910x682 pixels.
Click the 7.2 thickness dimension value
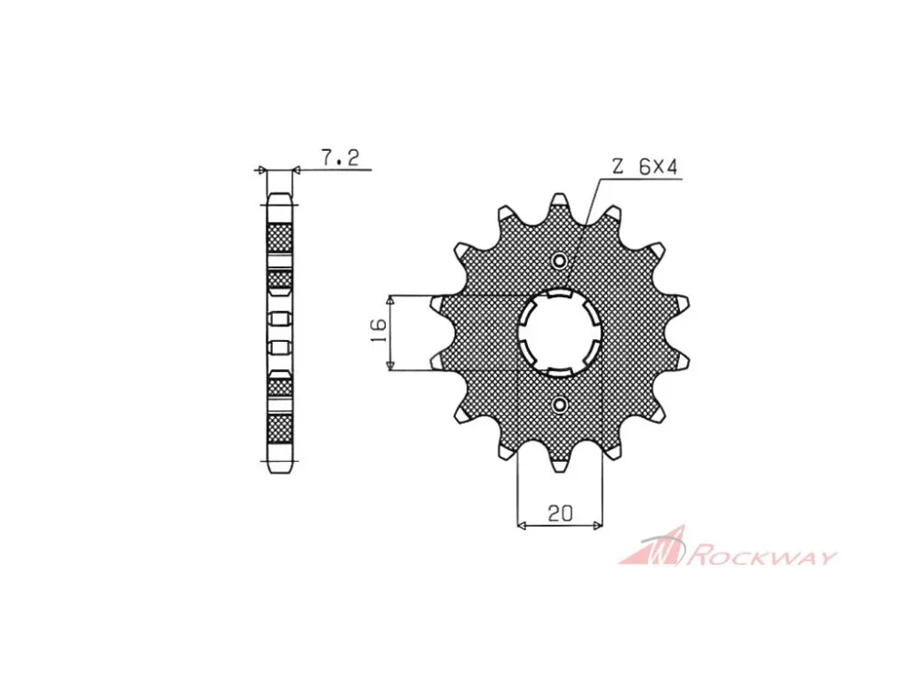tap(339, 157)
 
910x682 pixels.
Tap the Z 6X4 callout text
tap(645, 167)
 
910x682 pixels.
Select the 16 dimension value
tap(378, 332)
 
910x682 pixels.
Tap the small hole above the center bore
tap(560, 261)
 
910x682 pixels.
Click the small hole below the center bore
tap(560, 404)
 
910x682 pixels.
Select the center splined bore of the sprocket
tap(560, 332)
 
